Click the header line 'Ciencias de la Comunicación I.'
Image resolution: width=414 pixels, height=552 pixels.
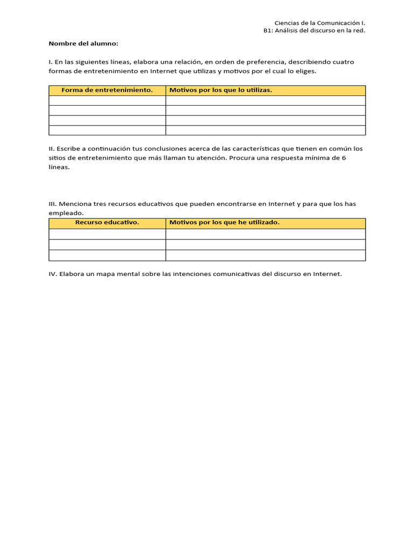point(320,23)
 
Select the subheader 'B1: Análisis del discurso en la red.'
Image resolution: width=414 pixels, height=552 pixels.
point(310,31)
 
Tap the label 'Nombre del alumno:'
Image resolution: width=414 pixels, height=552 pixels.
point(83,43)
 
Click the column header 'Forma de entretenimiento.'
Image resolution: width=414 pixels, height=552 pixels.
point(107,90)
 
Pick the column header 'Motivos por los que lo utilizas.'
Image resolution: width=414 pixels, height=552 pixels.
point(220,90)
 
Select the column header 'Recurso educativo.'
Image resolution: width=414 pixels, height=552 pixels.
point(107,223)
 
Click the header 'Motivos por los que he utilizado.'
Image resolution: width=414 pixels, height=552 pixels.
point(224,223)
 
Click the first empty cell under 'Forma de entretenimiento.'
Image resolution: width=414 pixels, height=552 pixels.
point(107,100)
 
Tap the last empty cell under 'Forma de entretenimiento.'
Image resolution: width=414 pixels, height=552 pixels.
point(107,130)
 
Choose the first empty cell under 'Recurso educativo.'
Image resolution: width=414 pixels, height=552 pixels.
point(107,234)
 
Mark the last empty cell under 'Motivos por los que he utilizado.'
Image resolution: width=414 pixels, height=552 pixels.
point(265,255)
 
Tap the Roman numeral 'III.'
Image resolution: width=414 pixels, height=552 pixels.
point(52,204)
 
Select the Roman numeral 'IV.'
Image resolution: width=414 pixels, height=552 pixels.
point(53,274)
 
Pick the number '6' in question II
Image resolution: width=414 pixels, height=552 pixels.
point(344,158)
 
